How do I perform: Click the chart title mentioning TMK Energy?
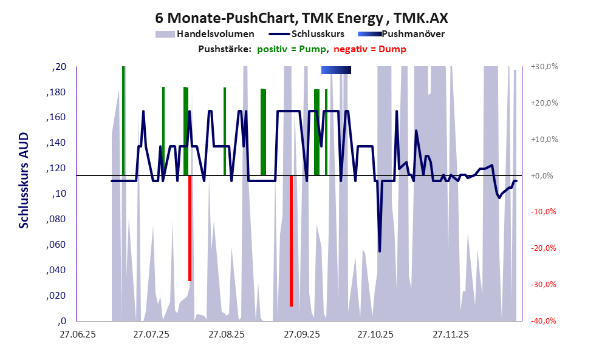click(x=301, y=18)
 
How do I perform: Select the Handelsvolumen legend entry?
click(x=215, y=34)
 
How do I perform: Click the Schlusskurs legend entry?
click(x=318, y=34)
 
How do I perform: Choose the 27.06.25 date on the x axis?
click(x=77, y=335)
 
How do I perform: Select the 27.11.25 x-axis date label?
click(x=450, y=335)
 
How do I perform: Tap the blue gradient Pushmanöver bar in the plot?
click(x=336, y=70)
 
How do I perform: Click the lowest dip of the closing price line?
click(x=380, y=251)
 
